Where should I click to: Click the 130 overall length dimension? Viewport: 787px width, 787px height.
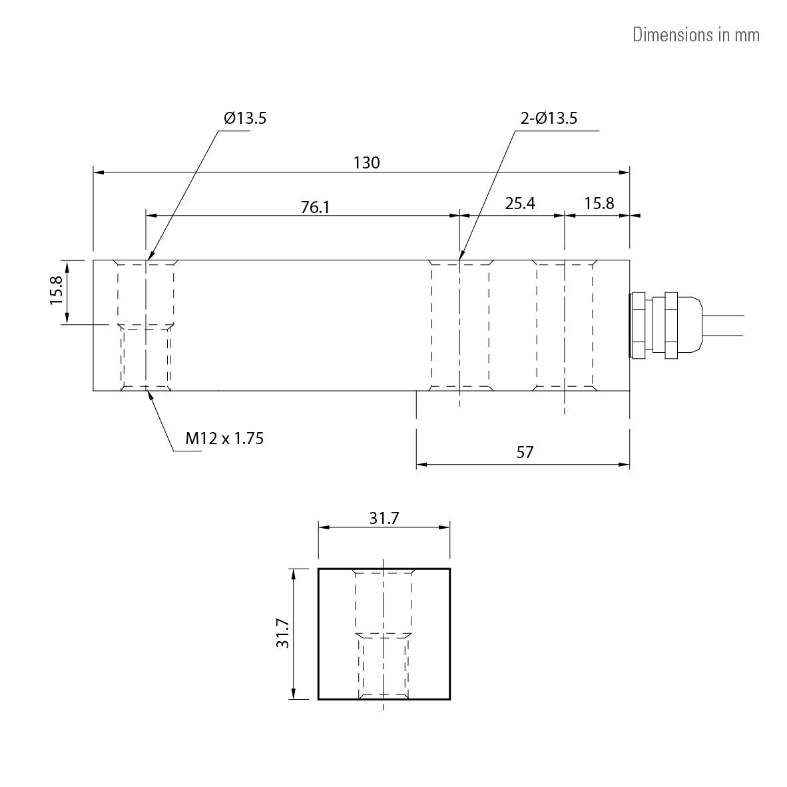(366, 162)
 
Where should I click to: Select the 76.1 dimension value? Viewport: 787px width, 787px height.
(315, 207)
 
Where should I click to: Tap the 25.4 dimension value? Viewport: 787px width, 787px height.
(519, 203)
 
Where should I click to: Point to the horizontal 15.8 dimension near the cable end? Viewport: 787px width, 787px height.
(599, 203)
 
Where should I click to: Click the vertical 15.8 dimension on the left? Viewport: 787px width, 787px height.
(56, 291)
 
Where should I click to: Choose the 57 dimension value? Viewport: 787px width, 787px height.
(525, 453)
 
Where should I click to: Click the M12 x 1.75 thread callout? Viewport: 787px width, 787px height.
(224, 438)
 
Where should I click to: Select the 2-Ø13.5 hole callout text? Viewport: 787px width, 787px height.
(549, 119)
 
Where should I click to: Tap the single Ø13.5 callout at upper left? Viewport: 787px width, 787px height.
(245, 119)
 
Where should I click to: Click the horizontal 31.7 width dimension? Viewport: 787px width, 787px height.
(384, 518)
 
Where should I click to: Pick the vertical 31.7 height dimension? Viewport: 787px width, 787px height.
(282, 633)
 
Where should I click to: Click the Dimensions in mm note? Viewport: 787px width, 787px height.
(695, 35)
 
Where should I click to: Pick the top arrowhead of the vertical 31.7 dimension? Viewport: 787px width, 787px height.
(293, 573)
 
